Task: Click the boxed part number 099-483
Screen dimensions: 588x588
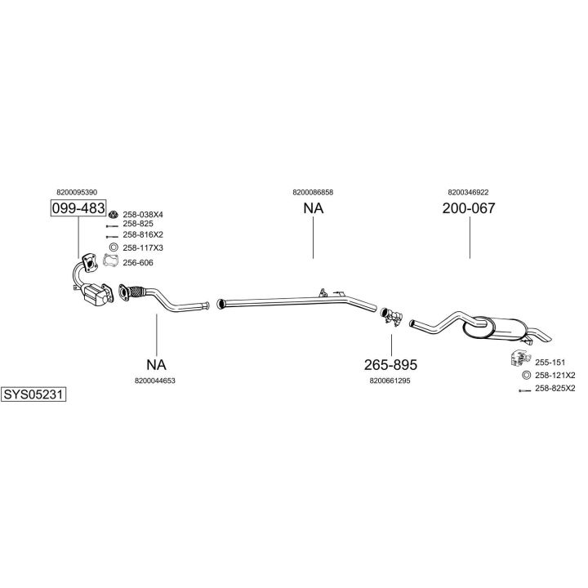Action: click(x=78, y=208)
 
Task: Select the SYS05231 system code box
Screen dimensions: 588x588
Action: click(x=33, y=394)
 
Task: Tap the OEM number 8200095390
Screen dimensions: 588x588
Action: click(x=78, y=192)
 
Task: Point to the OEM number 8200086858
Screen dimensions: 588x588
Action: click(x=313, y=192)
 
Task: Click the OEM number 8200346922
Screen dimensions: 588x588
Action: click(x=468, y=192)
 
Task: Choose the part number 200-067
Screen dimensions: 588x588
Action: click(x=469, y=208)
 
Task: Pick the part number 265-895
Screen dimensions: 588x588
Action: click(x=391, y=364)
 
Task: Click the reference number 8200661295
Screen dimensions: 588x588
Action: click(x=390, y=380)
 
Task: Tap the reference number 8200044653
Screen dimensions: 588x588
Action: click(x=155, y=380)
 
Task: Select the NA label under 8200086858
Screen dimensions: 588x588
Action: click(x=313, y=208)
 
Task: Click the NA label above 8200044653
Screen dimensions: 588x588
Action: click(x=155, y=364)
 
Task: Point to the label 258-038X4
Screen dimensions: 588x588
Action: click(x=143, y=214)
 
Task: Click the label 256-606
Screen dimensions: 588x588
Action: click(x=138, y=262)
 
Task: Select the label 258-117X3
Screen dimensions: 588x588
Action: click(x=143, y=247)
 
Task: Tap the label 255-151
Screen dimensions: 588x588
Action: click(x=550, y=362)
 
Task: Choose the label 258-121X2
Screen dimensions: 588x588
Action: click(x=555, y=375)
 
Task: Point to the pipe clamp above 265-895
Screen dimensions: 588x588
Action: click(x=390, y=315)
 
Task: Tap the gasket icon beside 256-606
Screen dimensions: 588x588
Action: click(x=112, y=261)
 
